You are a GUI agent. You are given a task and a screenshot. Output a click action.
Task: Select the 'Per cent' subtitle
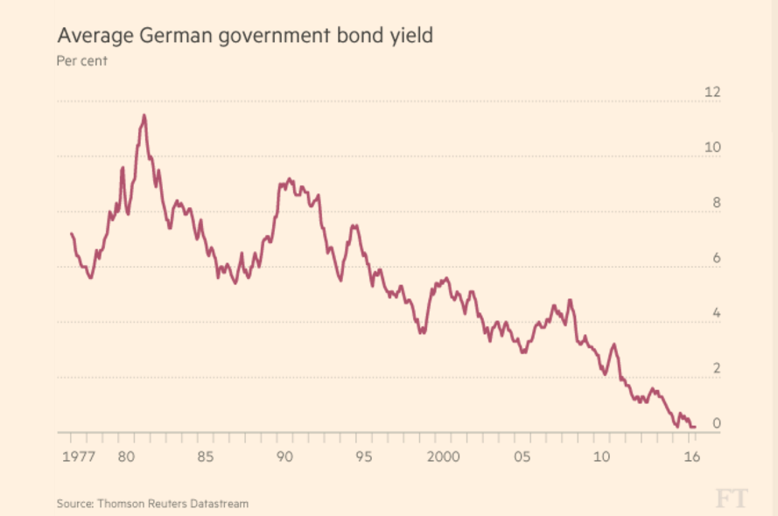pos(81,61)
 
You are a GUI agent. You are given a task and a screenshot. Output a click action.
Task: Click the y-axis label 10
pos(712,147)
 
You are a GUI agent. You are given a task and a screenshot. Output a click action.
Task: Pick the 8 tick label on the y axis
pos(716,203)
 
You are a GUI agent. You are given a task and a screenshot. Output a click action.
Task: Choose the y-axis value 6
pos(716,258)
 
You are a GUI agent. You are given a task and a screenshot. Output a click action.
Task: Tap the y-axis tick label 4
pos(716,313)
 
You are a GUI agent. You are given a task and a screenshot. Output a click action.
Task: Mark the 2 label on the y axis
pos(716,368)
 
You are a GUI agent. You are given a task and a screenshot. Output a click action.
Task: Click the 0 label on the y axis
pos(716,423)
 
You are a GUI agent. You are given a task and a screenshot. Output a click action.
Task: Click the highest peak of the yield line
pos(144,115)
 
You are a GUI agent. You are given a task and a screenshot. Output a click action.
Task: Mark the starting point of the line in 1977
pos(71,234)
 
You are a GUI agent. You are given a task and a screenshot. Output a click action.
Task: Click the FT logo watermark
pos(732,499)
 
